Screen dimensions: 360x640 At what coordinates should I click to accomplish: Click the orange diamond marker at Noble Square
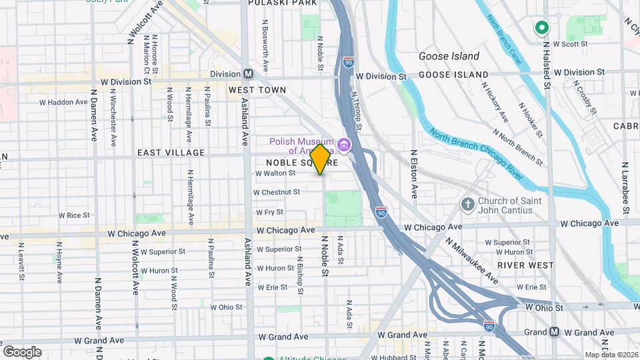(x=320, y=159)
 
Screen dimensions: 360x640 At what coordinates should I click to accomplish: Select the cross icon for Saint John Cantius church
(x=468, y=203)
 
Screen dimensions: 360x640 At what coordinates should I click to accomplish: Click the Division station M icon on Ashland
(x=248, y=74)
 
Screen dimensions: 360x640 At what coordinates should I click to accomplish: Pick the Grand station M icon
(x=555, y=332)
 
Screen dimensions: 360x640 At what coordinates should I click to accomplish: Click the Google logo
(x=22, y=352)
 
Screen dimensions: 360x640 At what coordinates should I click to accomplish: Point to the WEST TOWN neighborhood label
(x=257, y=90)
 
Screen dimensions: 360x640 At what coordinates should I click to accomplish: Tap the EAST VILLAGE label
(x=171, y=153)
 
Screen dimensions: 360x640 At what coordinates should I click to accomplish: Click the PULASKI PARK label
(x=283, y=3)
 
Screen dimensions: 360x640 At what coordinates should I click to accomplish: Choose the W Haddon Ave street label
(x=63, y=103)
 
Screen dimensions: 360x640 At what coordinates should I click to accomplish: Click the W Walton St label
(x=275, y=173)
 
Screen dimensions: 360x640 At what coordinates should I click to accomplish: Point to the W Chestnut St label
(x=277, y=192)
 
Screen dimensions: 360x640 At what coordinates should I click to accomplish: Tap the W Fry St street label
(x=269, y=212)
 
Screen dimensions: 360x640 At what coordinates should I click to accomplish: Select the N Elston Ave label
(x=413, y=173)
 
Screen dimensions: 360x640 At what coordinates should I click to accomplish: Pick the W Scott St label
(x=570, y=44)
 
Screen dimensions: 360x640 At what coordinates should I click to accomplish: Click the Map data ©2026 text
(x=611, y=355)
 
